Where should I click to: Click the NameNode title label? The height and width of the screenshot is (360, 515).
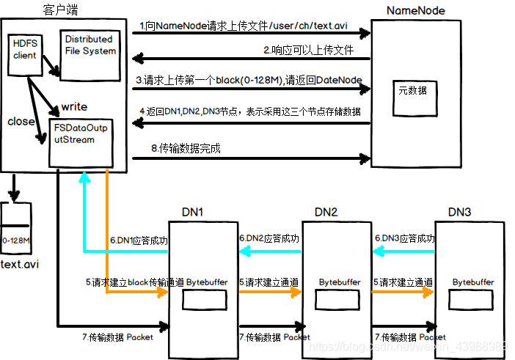pyautogui.click(x=415, y=10)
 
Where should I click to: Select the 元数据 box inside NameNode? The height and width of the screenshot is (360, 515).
pyautogui.click(x=417, y=91)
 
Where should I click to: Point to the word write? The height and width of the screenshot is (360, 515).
pyautogui.click(x=74, y=106)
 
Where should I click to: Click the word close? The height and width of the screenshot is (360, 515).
pyautogui.click(x=21, y=121)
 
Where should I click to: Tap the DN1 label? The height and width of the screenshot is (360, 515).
pyautogui.click(x=193, y=212)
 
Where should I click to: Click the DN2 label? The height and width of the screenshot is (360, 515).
pyautogui.click(x=326, y=212)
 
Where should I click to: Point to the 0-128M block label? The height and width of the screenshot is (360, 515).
pyautogui.click(x=15, y=240)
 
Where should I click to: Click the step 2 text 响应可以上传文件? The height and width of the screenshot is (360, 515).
pyautogui.click(x=308, y=51)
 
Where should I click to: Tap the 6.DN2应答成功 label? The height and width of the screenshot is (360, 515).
pyautogui.click(x=269, y=238)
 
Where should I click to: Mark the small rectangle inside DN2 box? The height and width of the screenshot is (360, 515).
pyautogui.click(x=330, y=299)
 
